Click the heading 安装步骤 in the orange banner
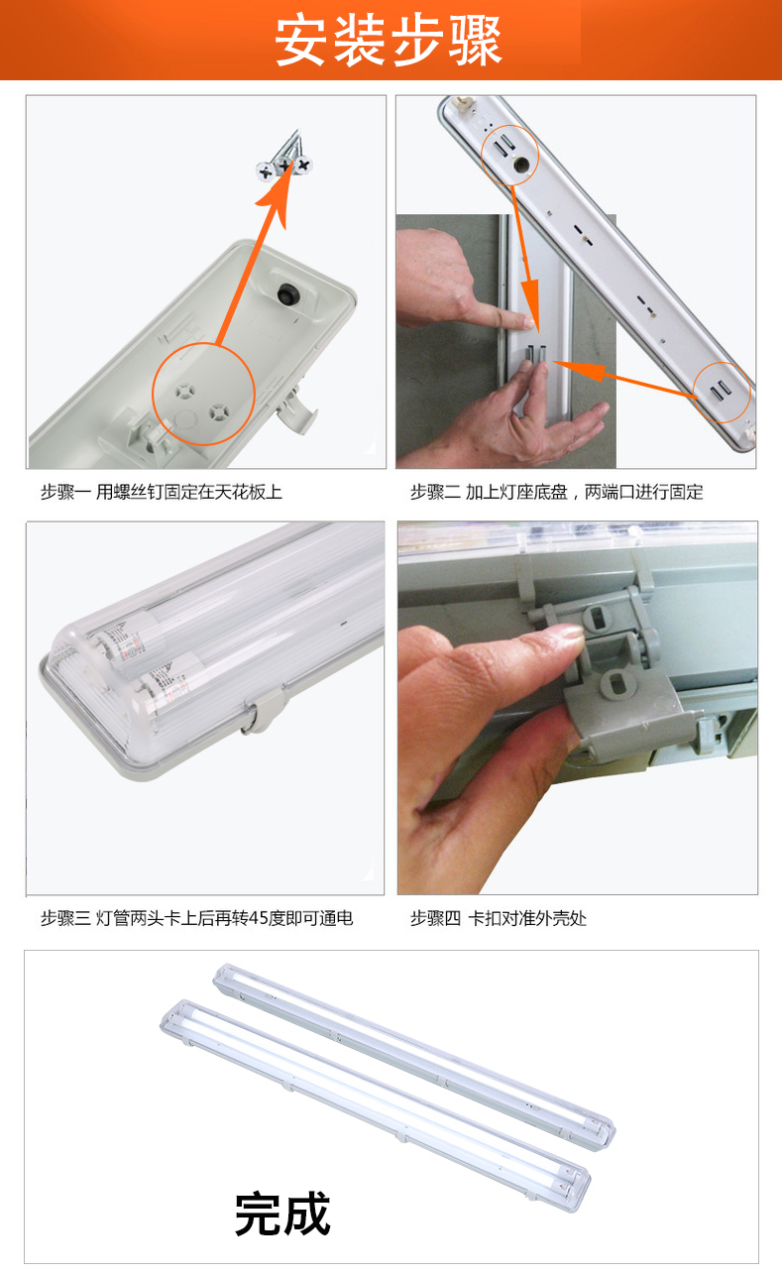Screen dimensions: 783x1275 click(x=389, y=40)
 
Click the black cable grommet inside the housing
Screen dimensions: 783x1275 click(x=286, y=294)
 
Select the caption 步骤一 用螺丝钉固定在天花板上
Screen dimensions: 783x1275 click(x=161, y=492)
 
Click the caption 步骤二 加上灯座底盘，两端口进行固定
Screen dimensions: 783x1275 click(x=556, y=492)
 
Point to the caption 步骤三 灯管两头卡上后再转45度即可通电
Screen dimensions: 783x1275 click(x=197, y=918)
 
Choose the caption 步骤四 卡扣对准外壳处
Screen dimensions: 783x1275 click(x=499, y=918)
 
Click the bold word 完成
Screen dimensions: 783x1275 click(x=282, y=1215)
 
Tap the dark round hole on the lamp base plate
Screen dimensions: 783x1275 click(x=520, y=165)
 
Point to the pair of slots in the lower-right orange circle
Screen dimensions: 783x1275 click(x=720, y=391)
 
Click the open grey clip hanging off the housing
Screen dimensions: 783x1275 click(x=296, y=409)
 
